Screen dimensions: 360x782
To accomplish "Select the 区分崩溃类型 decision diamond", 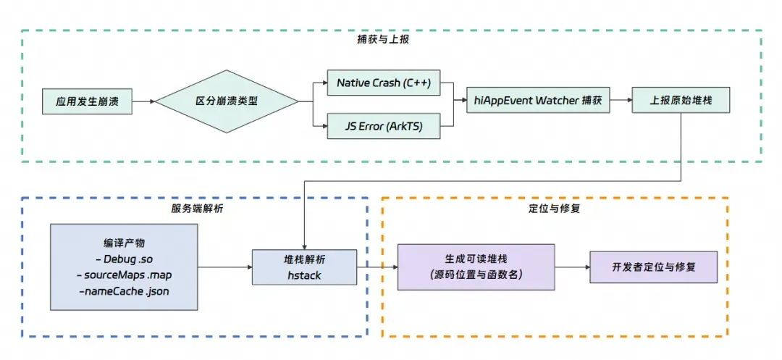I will click(227, 101).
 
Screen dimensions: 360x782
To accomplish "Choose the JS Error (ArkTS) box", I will click(383, 126).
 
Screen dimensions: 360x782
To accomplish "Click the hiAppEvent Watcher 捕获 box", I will click(537, 101).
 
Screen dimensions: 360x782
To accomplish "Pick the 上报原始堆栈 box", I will click(680, 101).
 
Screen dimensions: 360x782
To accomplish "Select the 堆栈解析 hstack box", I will click(304, 267).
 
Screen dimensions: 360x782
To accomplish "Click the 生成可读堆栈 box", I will click(476, 266).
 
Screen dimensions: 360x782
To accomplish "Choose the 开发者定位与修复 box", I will click(653, 267).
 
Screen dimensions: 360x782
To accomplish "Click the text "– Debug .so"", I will click(124, 259).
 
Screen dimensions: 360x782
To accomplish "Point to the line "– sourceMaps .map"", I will click(124, 275).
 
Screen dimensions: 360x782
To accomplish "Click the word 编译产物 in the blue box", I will click(124, 243).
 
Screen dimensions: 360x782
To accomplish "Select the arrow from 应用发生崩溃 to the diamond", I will click(143, 101).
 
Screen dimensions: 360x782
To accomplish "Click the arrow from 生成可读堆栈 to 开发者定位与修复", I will click(572, 267).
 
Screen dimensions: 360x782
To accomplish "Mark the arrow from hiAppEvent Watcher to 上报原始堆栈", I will click(621, 101).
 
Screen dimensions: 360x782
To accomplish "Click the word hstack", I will click(304, 275).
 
